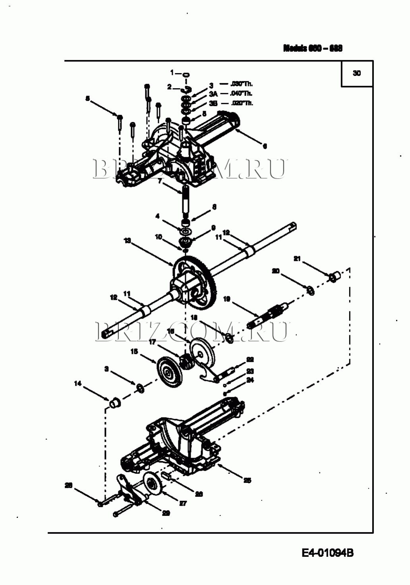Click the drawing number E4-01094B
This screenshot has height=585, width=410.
click(327, 552)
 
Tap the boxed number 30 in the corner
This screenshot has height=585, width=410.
click(357, 73)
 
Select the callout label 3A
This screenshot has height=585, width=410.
click(213, 94)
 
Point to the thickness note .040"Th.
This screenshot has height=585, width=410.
click(241, 94)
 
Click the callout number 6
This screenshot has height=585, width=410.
click(265, 146)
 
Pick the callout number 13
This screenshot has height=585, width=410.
click(127, 241)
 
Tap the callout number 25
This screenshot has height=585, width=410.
click(247, 480)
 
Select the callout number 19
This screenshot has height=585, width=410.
click(226, 299)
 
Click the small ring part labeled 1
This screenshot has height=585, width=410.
click(186, 74)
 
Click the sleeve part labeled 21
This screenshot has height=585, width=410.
click(335, 275)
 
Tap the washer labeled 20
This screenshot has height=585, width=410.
click(311, 290)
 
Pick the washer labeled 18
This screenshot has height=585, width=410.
click(230, 338)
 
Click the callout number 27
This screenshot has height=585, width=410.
click(183, 503)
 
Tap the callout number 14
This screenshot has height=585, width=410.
click(78, 383)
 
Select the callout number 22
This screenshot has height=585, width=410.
click(250, 359)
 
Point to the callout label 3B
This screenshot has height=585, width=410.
click(213, 104)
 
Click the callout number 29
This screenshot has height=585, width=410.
click(166, 513)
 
